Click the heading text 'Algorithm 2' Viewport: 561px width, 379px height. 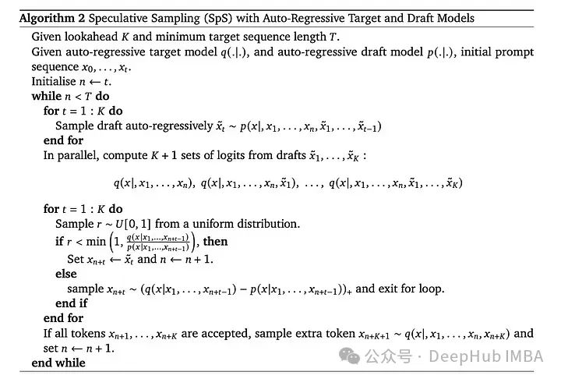tap(45, 17)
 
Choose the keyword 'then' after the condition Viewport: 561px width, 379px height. tap(216, 242)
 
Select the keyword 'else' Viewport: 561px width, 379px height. tap(66, 273)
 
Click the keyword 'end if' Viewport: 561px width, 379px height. tap(72, 303)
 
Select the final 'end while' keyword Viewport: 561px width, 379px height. tap(58, 363)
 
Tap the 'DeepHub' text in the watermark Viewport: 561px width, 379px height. tap(453, 357)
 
